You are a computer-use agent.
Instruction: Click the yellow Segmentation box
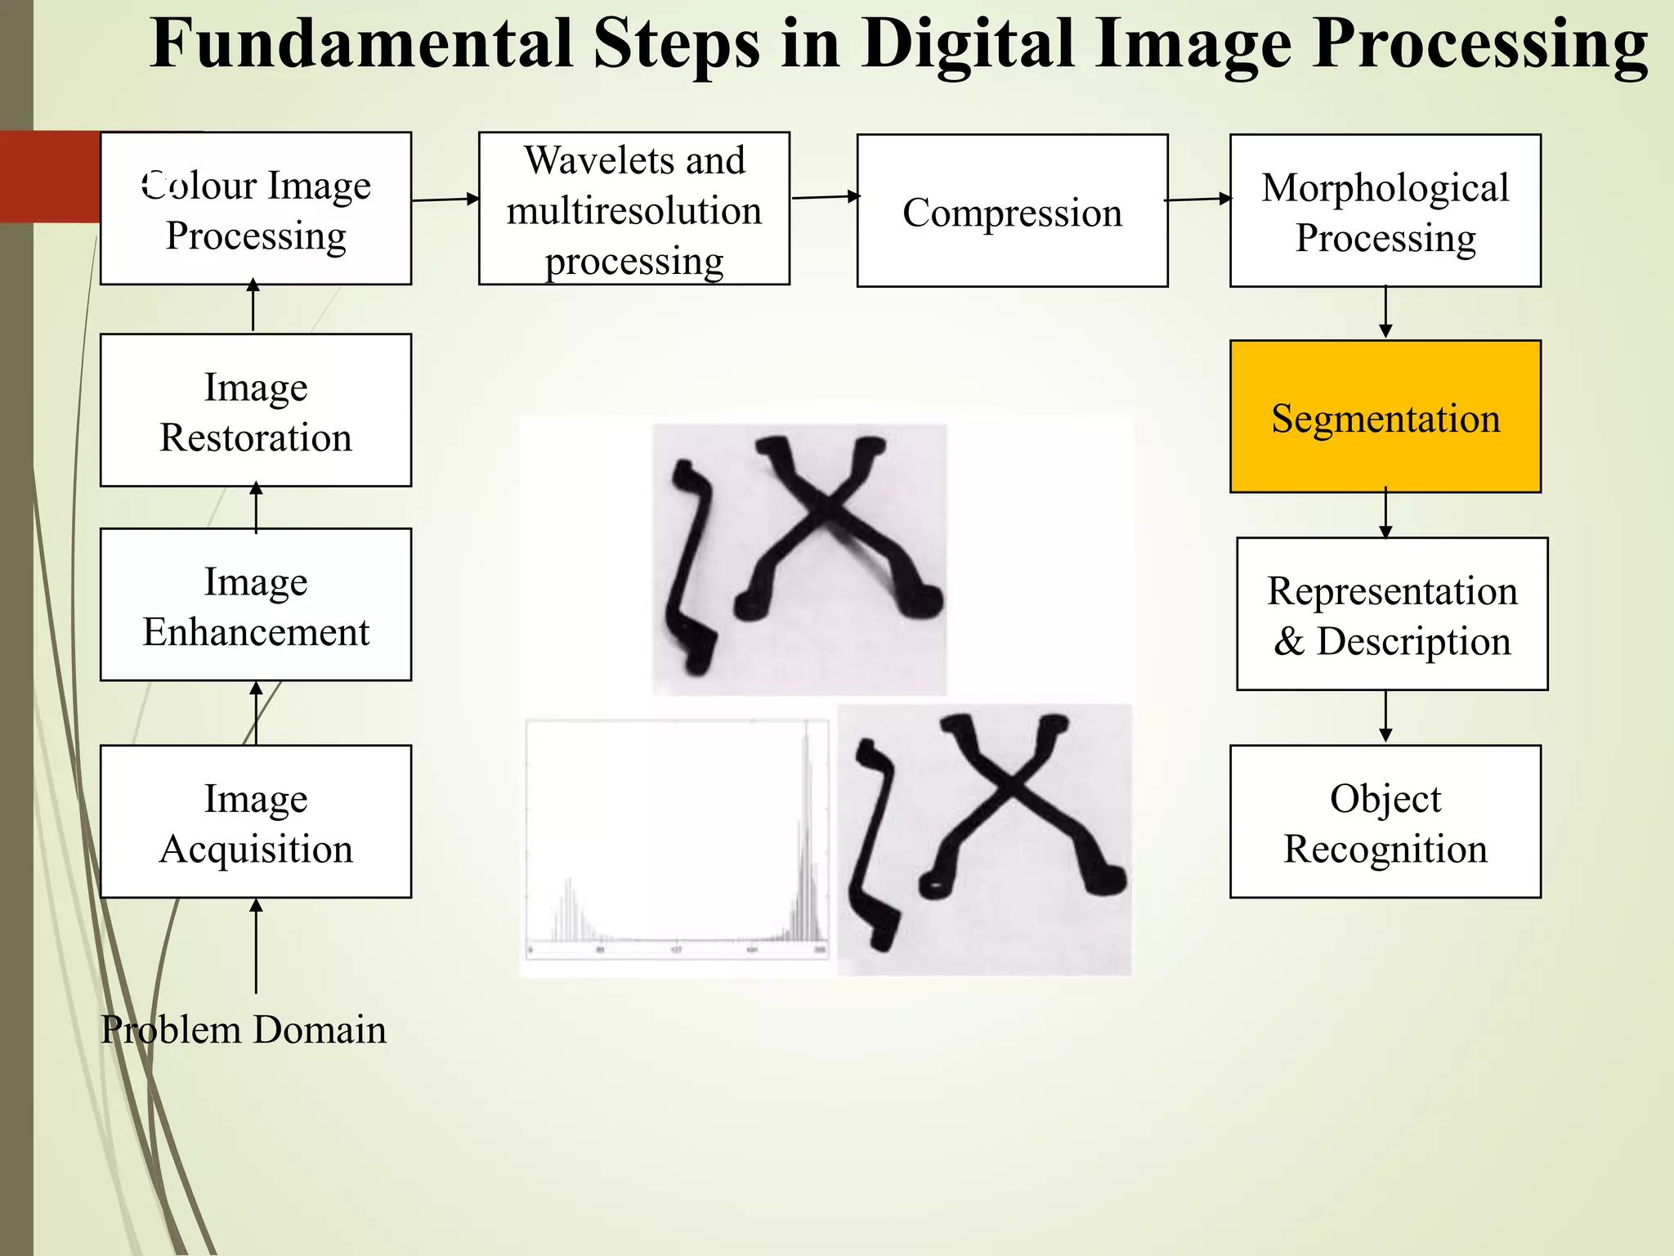pos(1385,416)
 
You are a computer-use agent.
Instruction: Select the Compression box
pos(1012,211)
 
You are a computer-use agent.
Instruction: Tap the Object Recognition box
pos(1385,821)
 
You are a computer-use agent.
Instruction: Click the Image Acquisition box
pos(255,821)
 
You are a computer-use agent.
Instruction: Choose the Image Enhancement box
pos(255,604)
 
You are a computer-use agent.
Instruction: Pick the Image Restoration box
pos(255,410)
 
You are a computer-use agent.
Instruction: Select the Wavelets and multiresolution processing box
pos(633,209)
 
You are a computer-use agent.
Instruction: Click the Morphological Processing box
pos(1385,211)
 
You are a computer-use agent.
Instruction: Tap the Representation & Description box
pos(1391,614)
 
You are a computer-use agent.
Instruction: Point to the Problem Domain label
pos(244,1029)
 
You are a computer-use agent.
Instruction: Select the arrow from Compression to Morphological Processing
pos(1198,199)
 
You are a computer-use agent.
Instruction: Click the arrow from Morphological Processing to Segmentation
pos(1385,312)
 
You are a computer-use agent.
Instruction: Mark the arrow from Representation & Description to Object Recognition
pos(1385,717)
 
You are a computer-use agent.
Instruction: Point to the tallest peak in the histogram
pos(806,736)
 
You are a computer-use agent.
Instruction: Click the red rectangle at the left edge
pos(49,176)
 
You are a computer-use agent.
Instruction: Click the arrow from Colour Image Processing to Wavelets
pos(445,199)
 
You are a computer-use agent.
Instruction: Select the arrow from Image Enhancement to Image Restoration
pos(256,507)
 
